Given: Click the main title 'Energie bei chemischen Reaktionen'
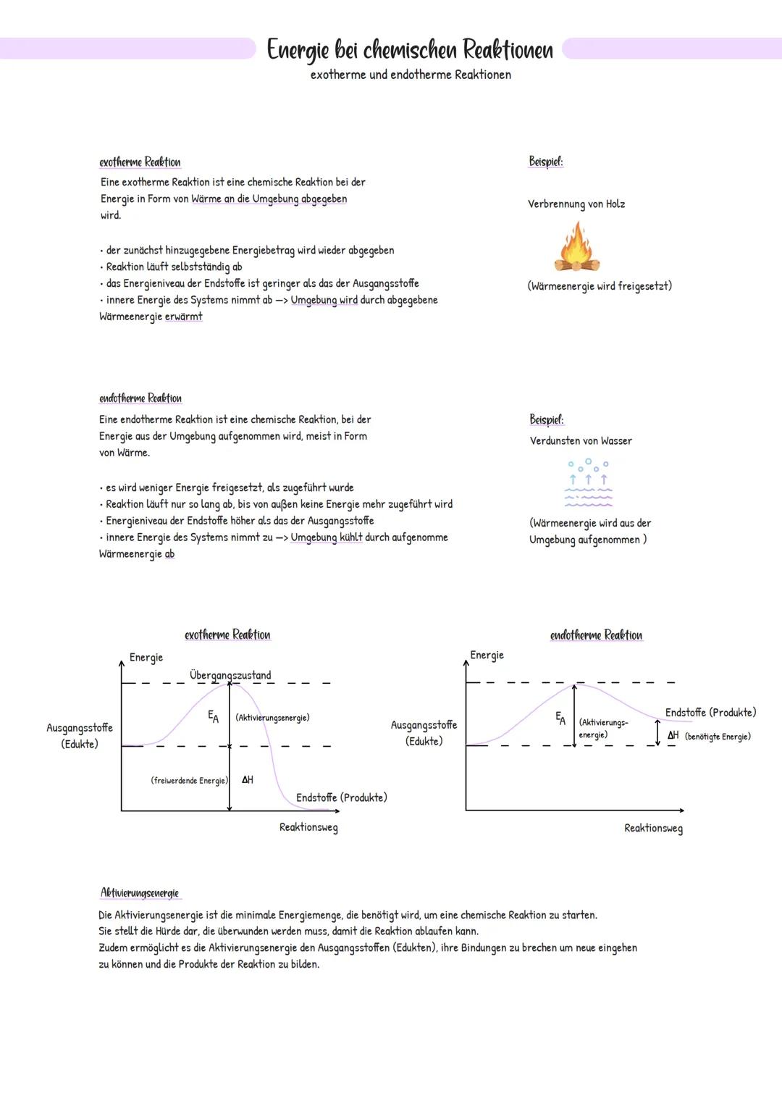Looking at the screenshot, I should pos(410,50).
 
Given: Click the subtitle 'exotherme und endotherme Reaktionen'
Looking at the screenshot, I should pos(411,75).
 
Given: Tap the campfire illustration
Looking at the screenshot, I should pos(577,248).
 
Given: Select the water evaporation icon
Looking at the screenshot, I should pos(588,482).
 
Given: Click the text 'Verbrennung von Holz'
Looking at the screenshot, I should pos(576,204).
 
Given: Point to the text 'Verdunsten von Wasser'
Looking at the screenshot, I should pos(581,440).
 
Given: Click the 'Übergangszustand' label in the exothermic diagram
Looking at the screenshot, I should pos(230,675).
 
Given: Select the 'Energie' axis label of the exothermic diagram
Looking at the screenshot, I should pos(146,658).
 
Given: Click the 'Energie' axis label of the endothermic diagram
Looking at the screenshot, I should pos(487,655).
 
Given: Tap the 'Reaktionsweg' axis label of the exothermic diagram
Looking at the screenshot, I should pos(308,827).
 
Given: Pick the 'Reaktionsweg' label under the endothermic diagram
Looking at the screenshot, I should pos(653,828).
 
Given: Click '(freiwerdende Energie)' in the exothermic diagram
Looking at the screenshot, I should pos(189,780).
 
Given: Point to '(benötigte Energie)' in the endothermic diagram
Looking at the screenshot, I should pos(718,737).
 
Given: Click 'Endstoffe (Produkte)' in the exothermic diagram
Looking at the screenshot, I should pos(341,797).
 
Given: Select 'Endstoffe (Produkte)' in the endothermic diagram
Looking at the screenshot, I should pos(710,713).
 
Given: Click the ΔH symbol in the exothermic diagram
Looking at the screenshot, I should pos(248,780).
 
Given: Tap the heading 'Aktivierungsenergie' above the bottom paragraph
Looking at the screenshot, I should pos(140,893).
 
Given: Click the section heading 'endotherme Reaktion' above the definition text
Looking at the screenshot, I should pos(140,398).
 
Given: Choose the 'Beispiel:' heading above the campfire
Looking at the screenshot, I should pos(546,162).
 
